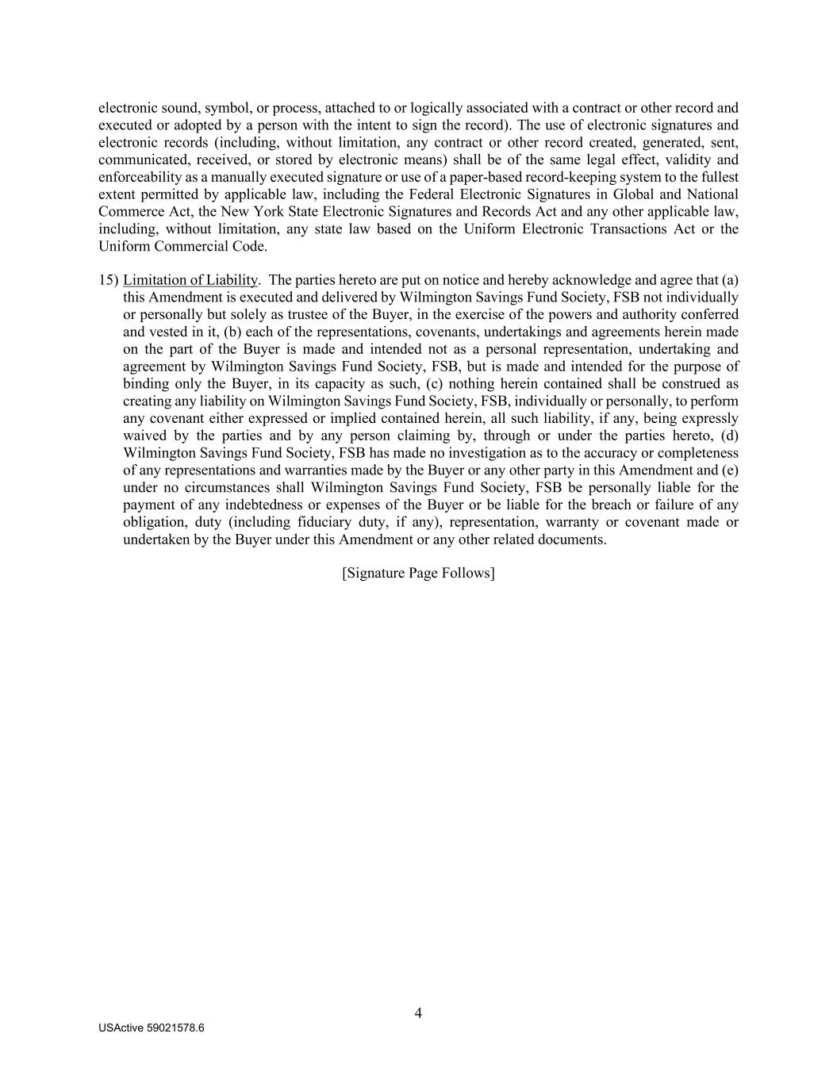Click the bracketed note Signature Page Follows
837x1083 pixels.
(418, 573)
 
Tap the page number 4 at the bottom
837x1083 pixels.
(418, 1012)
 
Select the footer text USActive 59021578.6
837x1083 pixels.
(152, 1027)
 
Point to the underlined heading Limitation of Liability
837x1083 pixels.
(190, 280)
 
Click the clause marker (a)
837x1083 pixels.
(730, 280)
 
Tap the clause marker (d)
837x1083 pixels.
(730, 436)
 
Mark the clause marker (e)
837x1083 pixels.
(730, 470)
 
